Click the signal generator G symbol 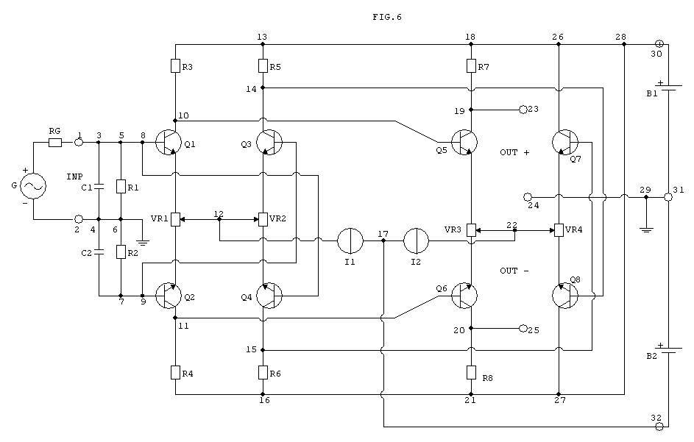(x=33, y=186)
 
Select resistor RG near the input (x=55, y=143)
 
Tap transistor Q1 (x=169, y=143)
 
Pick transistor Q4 (x=269, y=296)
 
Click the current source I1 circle (x=350, y=241)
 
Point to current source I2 (x=416, y=241)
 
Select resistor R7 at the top (x=471, y=66)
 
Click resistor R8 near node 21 (x=471, y=373)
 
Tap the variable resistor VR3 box (x=471, y=230)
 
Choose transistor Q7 (x=565, y=143)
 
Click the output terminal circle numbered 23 (x=523, y=110)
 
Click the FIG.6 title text (x=387, y=17)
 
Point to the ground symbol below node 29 (x=646, y=229)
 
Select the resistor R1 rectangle (x=121, y=186)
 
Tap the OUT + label (x=514, y=152)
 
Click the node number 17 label (x=383, y=234)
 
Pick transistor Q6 (x=464, y=296)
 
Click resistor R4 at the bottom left (x=176, y=373)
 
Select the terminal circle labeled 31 (x=668, y=197)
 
